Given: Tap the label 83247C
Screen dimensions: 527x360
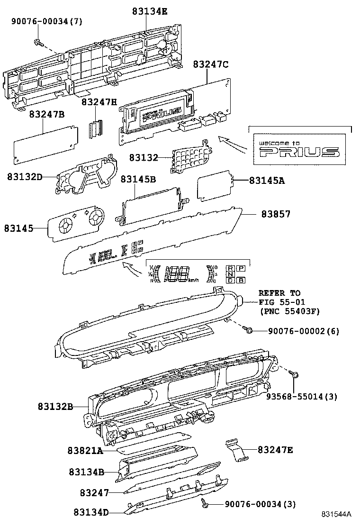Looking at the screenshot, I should click(x=210, y=65).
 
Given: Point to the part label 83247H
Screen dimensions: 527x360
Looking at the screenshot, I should click(x=99, y=101).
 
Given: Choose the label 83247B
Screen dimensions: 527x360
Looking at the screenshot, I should click(x=46, y=114).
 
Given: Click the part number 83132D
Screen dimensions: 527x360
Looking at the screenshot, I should click(x=25, y=177).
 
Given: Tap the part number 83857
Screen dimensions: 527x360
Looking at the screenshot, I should click(x=276, y=214).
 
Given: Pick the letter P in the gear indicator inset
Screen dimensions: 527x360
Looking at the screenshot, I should click(x=241, y=268).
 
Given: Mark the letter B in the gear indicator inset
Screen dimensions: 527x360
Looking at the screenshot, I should click(x=241, y=281).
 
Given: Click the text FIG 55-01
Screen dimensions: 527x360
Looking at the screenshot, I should click(x=282, y=302).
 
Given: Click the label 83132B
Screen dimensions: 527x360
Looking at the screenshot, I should click(x=55, y=406).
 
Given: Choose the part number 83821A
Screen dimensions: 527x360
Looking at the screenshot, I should click(x=85, y=451).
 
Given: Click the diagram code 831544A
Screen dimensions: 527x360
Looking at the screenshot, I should click(x=337, y=514).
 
